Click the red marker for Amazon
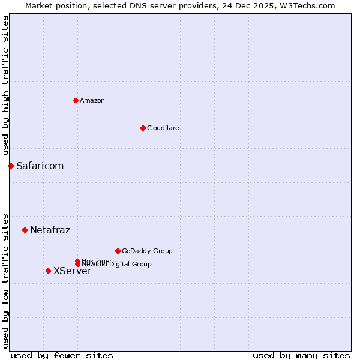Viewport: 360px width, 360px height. (76, 100)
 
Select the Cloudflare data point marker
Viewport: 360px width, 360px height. (143, 128)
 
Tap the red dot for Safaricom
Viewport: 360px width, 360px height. (11, 166)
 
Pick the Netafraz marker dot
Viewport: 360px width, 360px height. (25, 230)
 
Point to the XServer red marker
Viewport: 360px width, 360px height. (48, 271)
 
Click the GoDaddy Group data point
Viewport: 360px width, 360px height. (118, 251)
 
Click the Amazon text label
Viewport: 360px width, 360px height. (92, 100)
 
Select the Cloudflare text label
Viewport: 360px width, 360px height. (163, 128)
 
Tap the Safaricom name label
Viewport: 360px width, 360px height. (40, 166)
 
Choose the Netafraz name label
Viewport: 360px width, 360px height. (50, 230)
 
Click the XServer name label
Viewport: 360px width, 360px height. (72, 271)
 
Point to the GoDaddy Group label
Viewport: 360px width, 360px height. (147, 251)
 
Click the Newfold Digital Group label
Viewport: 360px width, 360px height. (117, 265)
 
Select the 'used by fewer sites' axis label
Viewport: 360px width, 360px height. (62, 355)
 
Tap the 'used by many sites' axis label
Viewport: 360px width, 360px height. (301, 355)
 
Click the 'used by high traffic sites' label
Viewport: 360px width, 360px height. (5, 86)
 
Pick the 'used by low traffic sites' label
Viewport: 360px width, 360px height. (5, 280)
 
